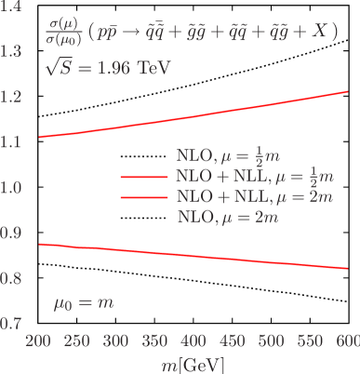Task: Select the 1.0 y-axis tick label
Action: (x=12, y=188)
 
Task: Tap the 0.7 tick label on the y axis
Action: (x=12, y=324)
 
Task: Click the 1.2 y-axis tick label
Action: (x=12, y=98)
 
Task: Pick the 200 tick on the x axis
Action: (x=38, y=341)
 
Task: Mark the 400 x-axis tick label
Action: (x=193, y=341)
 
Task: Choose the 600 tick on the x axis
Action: (x=347, y=341)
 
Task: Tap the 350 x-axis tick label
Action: (x=154, y=341)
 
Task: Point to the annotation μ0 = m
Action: (x=83, y=302)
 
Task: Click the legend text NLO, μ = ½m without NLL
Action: (x=227, y=154)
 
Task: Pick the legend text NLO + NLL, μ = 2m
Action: (x=253, y=197)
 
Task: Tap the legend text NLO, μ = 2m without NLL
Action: (x=227, y=218)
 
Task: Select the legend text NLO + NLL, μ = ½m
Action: (x=253, y=176)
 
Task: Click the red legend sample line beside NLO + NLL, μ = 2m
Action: (x=145, y=198)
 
